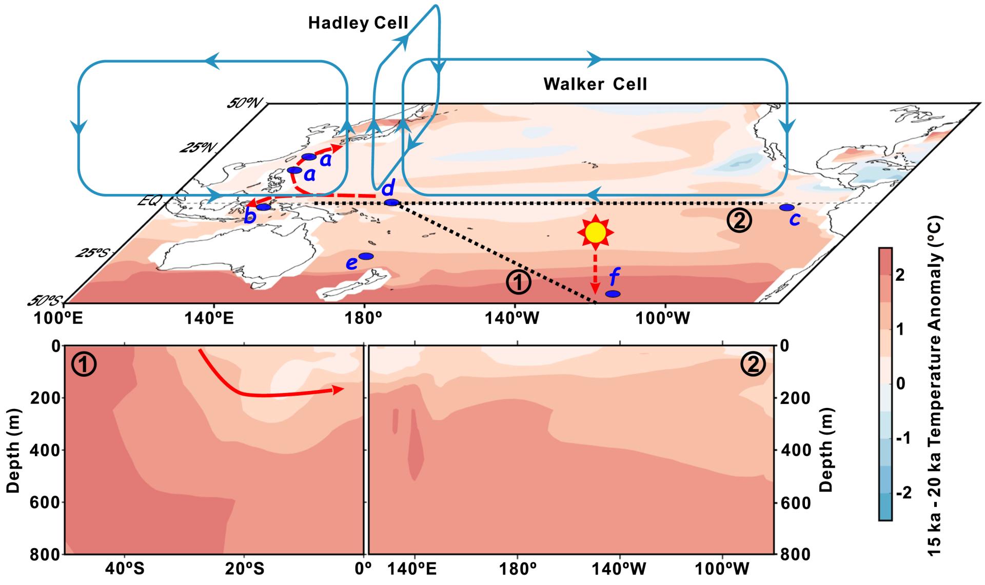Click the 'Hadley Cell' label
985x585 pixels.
coord(358,23)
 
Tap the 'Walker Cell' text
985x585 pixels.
coord(595,84)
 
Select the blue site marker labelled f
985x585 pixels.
coord(613,294)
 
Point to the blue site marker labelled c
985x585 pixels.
coord(786,207)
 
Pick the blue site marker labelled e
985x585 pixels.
coord(366,256)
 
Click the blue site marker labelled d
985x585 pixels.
coord(391,203)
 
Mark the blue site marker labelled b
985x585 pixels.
coord(263,207)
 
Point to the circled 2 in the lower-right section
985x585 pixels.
coord(753,365)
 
